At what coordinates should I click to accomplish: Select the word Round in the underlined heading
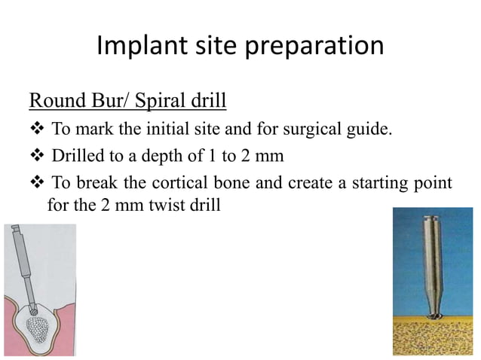point(54,100)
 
